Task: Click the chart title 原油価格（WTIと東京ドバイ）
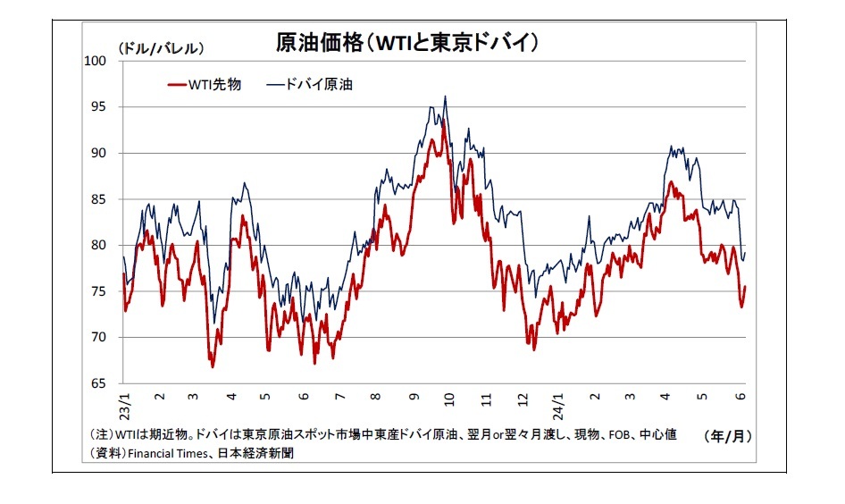coord(407,43)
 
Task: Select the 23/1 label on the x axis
coord(126,403)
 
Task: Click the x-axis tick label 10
coord(449,397)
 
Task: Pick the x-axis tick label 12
coord(523,397)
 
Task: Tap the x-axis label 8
coord(376,397)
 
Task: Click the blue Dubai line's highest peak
coord(445,97)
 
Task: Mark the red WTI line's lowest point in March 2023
coord(213,366)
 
